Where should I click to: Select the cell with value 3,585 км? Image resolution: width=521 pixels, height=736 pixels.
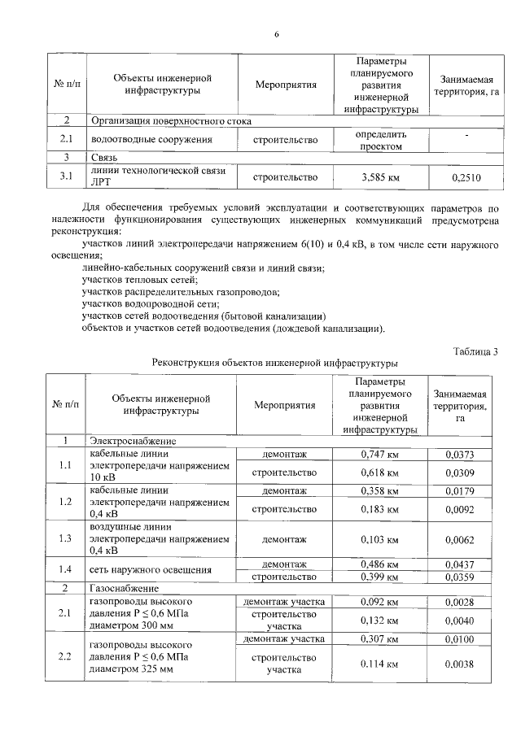tap(379, 176)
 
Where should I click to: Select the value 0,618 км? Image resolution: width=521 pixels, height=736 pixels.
tap(379, 473)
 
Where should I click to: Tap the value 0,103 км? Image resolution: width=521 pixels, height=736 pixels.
tap(379, 538)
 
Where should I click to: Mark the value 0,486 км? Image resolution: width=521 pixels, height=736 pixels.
tap(379, 564)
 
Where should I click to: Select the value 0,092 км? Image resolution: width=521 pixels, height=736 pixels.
tap(379, 602)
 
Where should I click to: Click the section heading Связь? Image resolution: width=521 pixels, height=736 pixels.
tap(105, 156)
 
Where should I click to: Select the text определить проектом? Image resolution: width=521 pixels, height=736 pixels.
tap(379, 139)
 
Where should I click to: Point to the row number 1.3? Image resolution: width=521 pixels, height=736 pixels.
tap(65, 538)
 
